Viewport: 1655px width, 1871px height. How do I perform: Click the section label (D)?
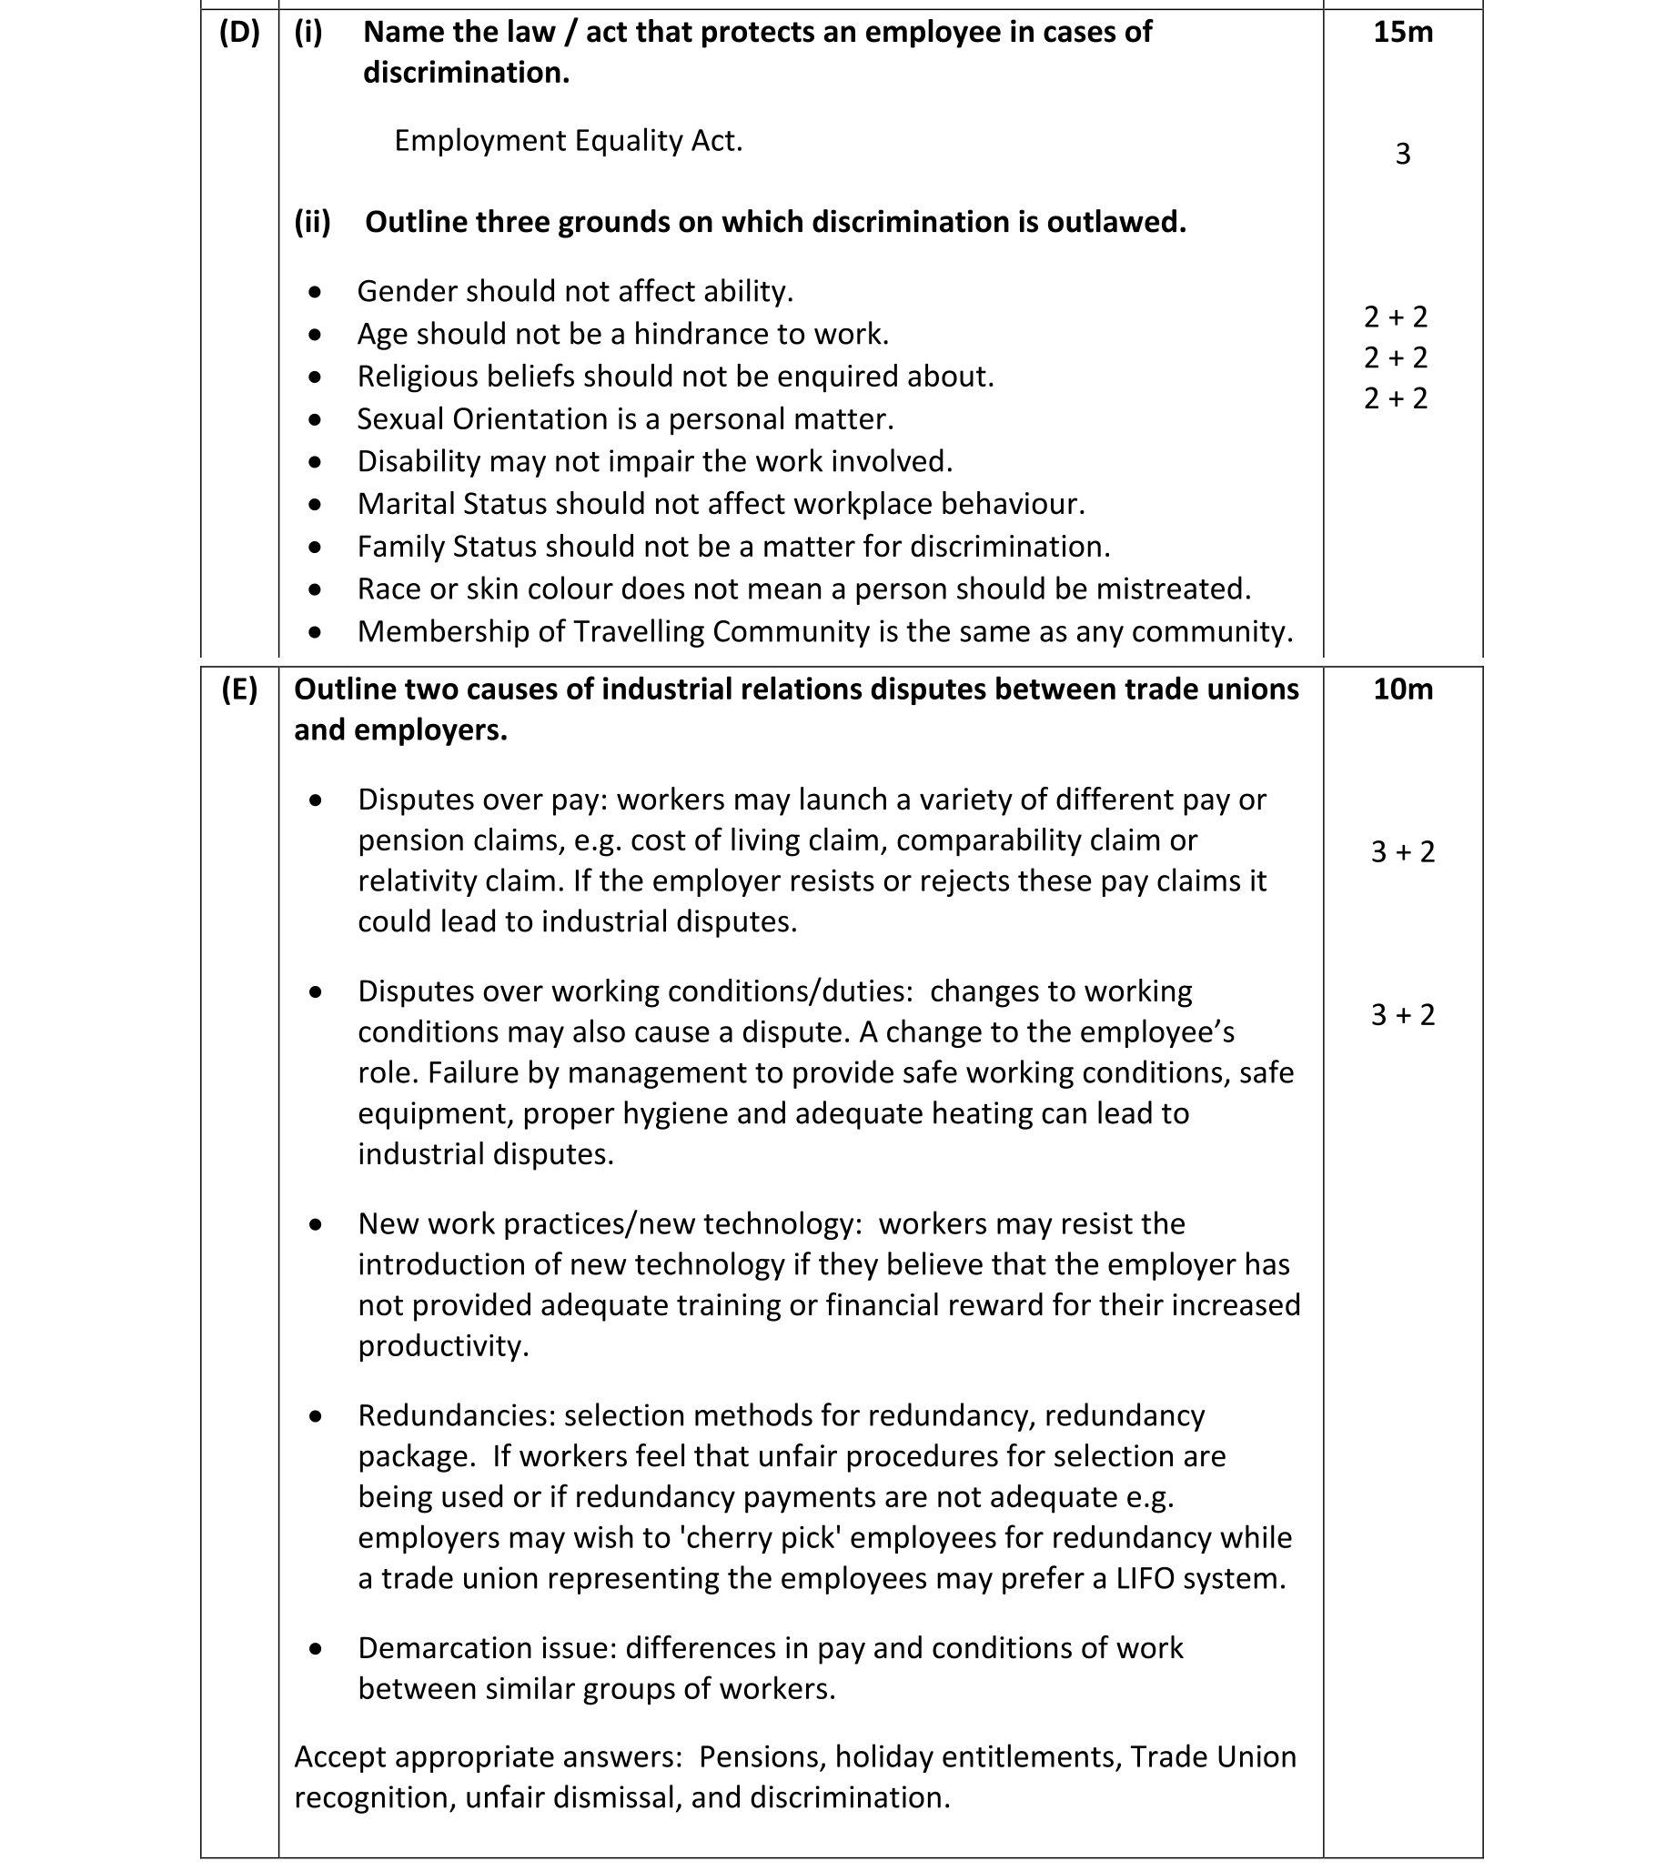point(239,33)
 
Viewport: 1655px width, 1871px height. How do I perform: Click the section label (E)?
point(239,689)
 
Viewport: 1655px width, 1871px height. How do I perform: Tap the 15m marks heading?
point(1402,33)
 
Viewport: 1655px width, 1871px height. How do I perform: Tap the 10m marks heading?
point(1402,689)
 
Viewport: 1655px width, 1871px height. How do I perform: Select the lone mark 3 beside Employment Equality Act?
point(1402,154)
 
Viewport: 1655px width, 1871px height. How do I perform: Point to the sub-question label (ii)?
point(312,223)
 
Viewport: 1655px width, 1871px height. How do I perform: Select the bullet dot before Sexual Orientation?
point(316,420)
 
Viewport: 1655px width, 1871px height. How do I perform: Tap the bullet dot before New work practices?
point(316,1225)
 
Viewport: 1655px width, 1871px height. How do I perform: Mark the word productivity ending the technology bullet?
point(442,1346)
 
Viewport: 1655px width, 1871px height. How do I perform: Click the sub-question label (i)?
point(308,33)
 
